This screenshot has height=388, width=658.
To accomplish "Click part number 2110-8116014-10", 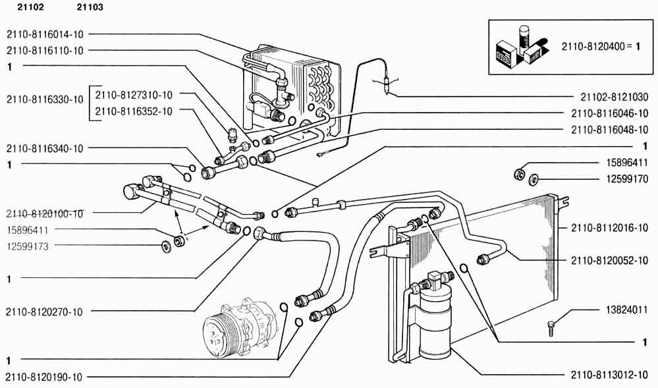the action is tap(45, 34).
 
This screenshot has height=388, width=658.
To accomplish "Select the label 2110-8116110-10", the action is tap(45, 51).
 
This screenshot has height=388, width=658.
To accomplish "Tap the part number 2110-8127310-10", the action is tap(134, 96).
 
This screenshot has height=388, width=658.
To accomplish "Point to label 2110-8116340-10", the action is tap(45, 148).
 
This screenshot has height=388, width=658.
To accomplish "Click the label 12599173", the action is tap(28, 246).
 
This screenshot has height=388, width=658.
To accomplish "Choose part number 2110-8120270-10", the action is tap(44, 312).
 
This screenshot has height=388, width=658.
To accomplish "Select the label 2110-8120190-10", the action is tap(44, 377).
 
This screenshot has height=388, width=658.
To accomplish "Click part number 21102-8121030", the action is tap(615, 97).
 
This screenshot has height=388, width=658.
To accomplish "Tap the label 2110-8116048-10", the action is tap(610, 130).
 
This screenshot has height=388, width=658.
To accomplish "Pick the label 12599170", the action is tap(627, 179).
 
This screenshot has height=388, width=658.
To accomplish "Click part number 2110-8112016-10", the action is tap(610, 228).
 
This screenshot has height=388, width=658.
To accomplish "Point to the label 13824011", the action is tap(627, 310).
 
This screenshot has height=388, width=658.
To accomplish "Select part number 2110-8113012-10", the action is tap(610, 375).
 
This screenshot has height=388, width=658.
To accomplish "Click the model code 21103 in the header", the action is tap(90, 7).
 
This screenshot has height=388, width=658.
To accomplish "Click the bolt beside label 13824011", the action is tap(551, 328).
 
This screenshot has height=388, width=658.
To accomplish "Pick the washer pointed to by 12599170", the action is tap(534, 179).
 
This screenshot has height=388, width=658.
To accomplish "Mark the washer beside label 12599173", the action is tap(167, 247).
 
